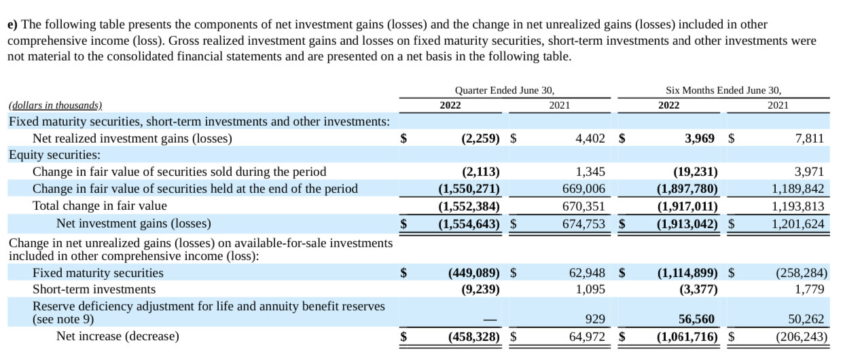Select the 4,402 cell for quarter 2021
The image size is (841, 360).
pyautogui.click(x=590, y=139)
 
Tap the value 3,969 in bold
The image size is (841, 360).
pyautogui.click(x=700, y=139)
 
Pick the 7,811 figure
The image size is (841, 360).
pyautogui.click(x=809, y=139)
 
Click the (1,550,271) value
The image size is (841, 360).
pyautogui.click(x=469, y=188)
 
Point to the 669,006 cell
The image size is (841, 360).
pyautogui.click(x=584, y=188)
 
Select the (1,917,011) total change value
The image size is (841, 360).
pyautogui.click(x=687, y=206)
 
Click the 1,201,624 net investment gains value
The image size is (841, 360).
pyautogui.click(x=798, y=223)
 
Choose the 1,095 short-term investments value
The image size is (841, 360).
pyautogui.click(x=590, y=289)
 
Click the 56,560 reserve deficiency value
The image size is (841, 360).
pyautogui.click(x=696, y=319)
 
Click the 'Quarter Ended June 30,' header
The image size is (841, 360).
pyautogui.click(x=505, y=90)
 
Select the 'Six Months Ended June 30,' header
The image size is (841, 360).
pyautogui.click(x=723, y=90)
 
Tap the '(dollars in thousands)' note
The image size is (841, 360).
pyautogui.click(x=55, y=105)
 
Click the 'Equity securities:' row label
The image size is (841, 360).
pyautogui.click(x=54, y=155)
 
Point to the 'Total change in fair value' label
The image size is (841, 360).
pyautogui.click(x=99, y=206)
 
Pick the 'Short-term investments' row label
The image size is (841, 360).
pyautogui.click(x=94, y=289)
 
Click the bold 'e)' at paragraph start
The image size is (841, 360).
pyautogui.click(x=12, y=24)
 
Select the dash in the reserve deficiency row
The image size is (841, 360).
pyautogui.click(x=490, y=320)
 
